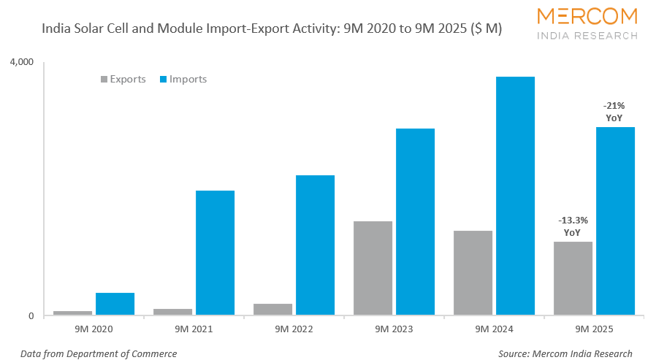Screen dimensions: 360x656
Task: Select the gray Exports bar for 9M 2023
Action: pyautogui.click(x=373, y=268)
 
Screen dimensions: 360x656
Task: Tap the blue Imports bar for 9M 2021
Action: pyautogui.click(x=215, y=253)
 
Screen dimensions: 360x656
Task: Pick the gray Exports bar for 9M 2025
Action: pyautogui.click(x=573, y=278)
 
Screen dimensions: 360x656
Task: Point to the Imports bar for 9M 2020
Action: pyautogui.click(x=115, y=304)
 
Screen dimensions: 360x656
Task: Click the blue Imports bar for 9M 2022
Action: pyautogui.click(x=315, y=245)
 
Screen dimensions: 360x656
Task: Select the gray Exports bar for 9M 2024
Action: pyautogui.click(x=473, y=273)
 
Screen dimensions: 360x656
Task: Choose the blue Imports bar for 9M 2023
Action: pyautogui.click(x=415, y=222)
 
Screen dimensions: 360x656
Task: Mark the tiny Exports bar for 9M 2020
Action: pyautogui.click(x=73, y=313)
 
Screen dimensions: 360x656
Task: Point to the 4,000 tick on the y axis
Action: pyautogui.click(x=21, y=63)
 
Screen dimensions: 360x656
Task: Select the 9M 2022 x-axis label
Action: pyautogui.click(x=294, y=329)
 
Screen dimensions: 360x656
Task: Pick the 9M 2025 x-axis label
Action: pyautogui.click(x=594, y=329)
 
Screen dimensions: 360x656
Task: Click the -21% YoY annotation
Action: pyautogui.click(x=614, y=112)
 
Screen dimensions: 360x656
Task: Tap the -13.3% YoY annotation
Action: pyautogui.click(x=573, y=226)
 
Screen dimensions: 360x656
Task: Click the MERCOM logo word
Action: pyautogui.click(x=587, y=16)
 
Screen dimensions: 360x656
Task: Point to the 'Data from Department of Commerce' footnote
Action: pyautogui.click(x=99, y=353)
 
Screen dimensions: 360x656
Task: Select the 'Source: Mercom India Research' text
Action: pyautogui.click(x=565, y=353)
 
